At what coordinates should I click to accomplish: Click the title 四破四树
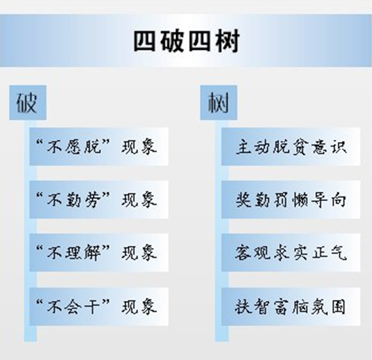tap(187, 41)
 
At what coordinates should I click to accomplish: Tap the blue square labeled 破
tap(28, 103)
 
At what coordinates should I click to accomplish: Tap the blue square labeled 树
tap(219, 103)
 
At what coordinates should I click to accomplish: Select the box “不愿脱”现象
tap(99, 147)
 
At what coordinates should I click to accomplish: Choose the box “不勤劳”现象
tap(99, 200)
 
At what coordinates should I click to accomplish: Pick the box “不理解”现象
tap(99, 253)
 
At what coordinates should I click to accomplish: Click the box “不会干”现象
tap(99, 306)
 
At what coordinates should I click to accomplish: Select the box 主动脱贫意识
tap(291, 147)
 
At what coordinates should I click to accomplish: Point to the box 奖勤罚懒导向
tap(291, 200)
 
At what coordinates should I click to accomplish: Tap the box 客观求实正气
tap(291, 253)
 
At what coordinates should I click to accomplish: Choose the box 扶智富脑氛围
tap(291, 306)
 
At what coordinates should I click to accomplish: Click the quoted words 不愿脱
tap(74, 147)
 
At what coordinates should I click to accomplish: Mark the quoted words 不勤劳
tap(74, 200)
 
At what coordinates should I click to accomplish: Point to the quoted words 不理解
tap(74, 253)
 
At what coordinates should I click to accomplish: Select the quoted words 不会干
tap(74, 306)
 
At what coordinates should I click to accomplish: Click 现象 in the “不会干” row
tap(139, 306)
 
